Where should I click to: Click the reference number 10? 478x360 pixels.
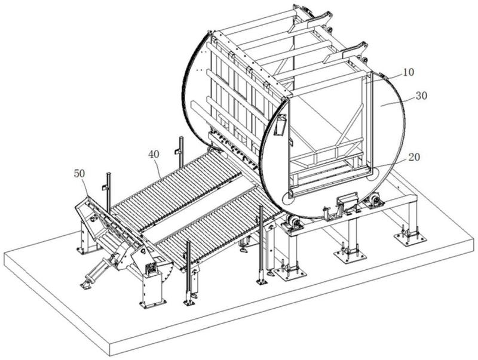(x=407, y=72)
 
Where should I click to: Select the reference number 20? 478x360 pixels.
(x=414, y=158)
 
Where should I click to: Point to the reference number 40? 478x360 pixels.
(x=154, y=154)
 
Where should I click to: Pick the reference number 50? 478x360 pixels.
(x=79, y=173)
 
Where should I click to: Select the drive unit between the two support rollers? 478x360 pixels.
(x=346, y=203)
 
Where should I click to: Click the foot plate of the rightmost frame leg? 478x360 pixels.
(x=410, y=239)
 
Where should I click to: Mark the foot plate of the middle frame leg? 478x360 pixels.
(x=350, y=256)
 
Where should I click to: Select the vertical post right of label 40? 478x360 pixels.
(x=181, y=152)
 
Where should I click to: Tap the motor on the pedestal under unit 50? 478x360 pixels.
(x=152, y=268)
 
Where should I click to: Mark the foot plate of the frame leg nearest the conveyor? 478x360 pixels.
(x=291, y=273)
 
